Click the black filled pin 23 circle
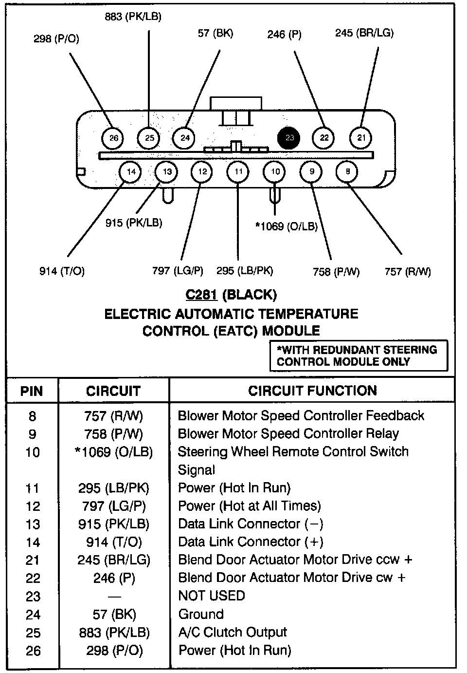pyautogui.click(x=289, y=138)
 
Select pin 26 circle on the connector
pyautogui.click(x=113, y=138)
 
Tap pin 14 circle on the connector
pyautogui.click(x=131, y=171)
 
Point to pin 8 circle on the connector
pyautogui.click(x=347, y=171)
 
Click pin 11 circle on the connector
pyautogui.click(x=238, y=171)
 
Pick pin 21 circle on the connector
pyautogui.click(x=361, y=138)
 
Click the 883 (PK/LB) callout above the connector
pyautogui.click(x=133, y=17)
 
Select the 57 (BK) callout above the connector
pyautogui.click(x=216, y=33)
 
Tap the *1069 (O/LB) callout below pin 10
pyautogui.click(x=287, y=226)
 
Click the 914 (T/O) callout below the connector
pyautogui.click(x=62, y=271)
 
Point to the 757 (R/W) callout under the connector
pyautogui.click(x=408, y=272)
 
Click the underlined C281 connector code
pyautogui.click(x=201, y=295)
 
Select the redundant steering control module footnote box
pyautogui.click(x=359, y=355)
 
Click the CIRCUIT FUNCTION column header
pyautogui.click(x=312, y=391)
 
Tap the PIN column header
pyautogui.click(x=32, y=391)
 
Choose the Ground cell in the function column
pyautogui.click(x=201, y=614)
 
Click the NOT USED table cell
pyautogui.click(x=212, y=596)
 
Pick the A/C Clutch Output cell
pyautogui.click(x=233, y=632)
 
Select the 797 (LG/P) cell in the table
pyautogui.click(x=114, y=506)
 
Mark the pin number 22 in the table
pyautogui.click(x=33, y=578)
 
